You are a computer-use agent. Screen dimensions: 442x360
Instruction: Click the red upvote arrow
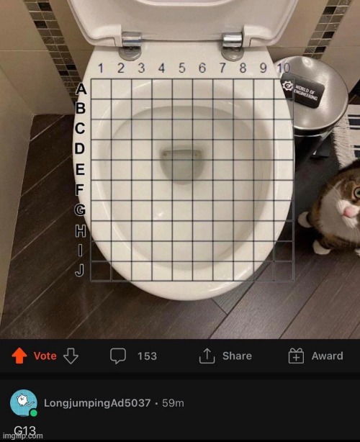19,356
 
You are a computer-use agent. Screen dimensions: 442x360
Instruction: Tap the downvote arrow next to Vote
71,356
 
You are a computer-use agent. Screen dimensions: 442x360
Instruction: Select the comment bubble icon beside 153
118,356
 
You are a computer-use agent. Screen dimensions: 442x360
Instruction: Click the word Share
237,356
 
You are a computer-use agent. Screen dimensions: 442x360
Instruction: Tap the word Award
327,356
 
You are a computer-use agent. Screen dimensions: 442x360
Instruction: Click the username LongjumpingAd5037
96,402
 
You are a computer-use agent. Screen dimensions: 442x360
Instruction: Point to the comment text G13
24,431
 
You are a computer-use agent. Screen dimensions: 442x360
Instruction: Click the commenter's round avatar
24,401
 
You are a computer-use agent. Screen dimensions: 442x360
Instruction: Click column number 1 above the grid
102,68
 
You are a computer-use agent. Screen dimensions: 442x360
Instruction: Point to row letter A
81,89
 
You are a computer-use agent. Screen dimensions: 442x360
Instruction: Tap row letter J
81,270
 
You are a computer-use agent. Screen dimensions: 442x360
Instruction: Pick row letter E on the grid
81,170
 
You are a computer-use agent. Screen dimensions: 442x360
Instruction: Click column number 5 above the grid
181,68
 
